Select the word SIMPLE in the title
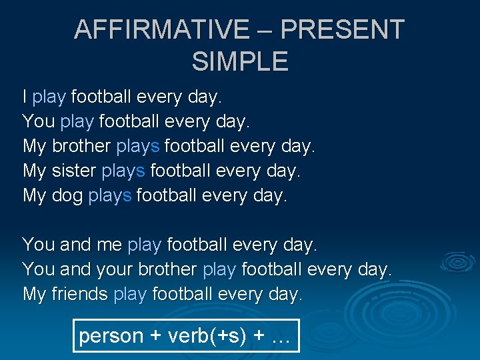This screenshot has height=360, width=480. [x=240, y=61]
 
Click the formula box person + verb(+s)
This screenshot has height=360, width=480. [x=185, y=336]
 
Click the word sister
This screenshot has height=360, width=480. [x=73, y=171]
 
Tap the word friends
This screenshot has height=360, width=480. [x=79, y=294]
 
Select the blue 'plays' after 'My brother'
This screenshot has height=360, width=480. [x=138, y=146]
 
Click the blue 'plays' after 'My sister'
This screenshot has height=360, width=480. [x=123, y=171]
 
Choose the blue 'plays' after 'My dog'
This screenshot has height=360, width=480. [x=110, y=196]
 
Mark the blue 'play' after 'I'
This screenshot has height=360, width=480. [x=49, y=97]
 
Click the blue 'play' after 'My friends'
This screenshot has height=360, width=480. [x=130, y=294]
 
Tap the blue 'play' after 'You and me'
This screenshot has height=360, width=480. [x=144, y=245]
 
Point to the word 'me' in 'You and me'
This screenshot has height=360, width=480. [x=109, y=245]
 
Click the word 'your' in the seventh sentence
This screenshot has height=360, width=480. [x=115, y=270]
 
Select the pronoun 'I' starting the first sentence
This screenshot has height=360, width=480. [x=25, y=97]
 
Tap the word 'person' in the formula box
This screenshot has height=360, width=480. [x=111, y=336]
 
